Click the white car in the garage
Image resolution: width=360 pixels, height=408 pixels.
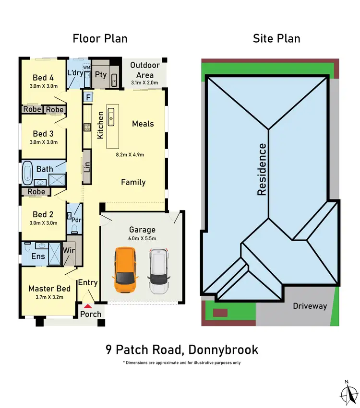(158, 271)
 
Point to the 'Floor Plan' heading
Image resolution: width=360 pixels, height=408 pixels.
(100, 38)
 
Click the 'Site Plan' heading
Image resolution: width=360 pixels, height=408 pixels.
(276, 38)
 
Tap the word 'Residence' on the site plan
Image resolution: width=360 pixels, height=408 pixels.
(262, 169)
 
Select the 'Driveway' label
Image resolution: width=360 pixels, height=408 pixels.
(310, 306)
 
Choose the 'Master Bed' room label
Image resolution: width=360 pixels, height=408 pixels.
(49, 288)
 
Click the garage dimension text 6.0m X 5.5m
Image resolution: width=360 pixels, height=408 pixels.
(142, 238)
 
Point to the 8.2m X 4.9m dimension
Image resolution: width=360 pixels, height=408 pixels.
(130, 154)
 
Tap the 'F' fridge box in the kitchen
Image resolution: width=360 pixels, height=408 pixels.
(88, 97)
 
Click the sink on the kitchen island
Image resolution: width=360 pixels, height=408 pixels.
(111, 115)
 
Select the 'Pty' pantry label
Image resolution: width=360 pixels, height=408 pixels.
(100, 74)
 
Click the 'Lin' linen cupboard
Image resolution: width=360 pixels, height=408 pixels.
(87, 166)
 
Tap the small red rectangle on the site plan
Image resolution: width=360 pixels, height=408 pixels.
(220, 313)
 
